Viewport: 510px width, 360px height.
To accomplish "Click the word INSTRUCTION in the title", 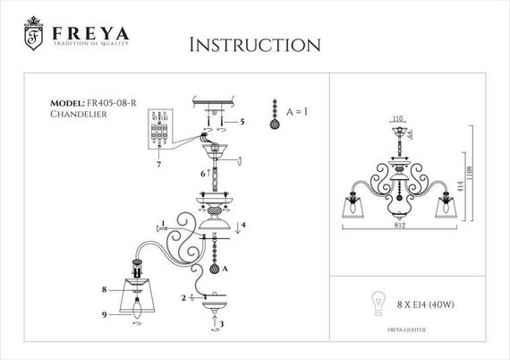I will click(x=255, y=45).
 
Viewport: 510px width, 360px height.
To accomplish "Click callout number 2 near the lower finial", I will click(x=184, y=297).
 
